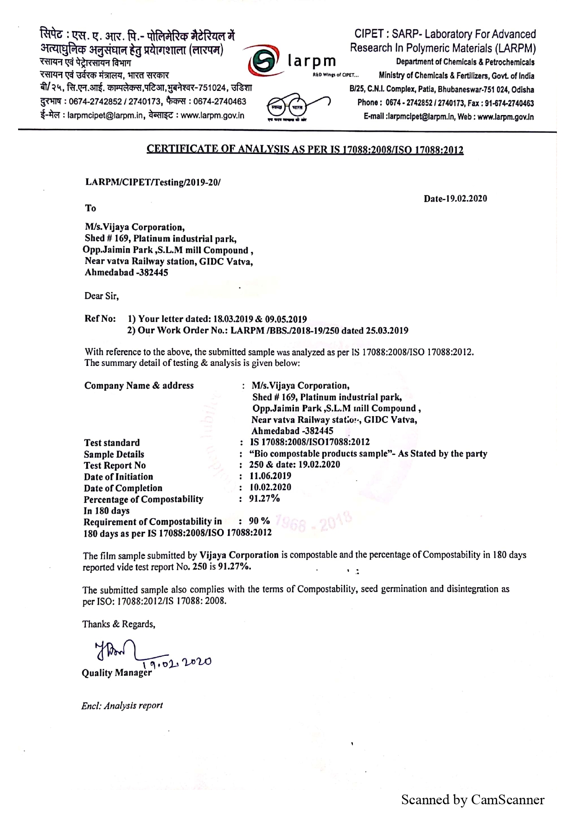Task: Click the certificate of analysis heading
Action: (x=305, y=149)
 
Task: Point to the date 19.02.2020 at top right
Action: (x=455, y=199)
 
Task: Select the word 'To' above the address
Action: (x=90, y=208)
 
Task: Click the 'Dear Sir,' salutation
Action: (x=102, y=296)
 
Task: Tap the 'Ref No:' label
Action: (x=99, y=319)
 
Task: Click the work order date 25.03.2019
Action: (x=388, y=331)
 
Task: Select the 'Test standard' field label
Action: (x=112, y=442)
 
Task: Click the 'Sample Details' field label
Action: (x=114, y=454)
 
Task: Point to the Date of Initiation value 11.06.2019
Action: (x=270, y=475)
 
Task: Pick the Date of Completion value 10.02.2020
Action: (x=270, y=487)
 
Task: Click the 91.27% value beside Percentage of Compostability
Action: (x=265, y=499)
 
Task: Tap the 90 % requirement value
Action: (x=259, y=521)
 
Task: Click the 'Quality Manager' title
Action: (x=116, y=673)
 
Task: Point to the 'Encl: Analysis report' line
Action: (x=122, y=706)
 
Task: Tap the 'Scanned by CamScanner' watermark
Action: (x=473, y=799)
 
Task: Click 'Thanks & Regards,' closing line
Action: (x=119, y=624)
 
